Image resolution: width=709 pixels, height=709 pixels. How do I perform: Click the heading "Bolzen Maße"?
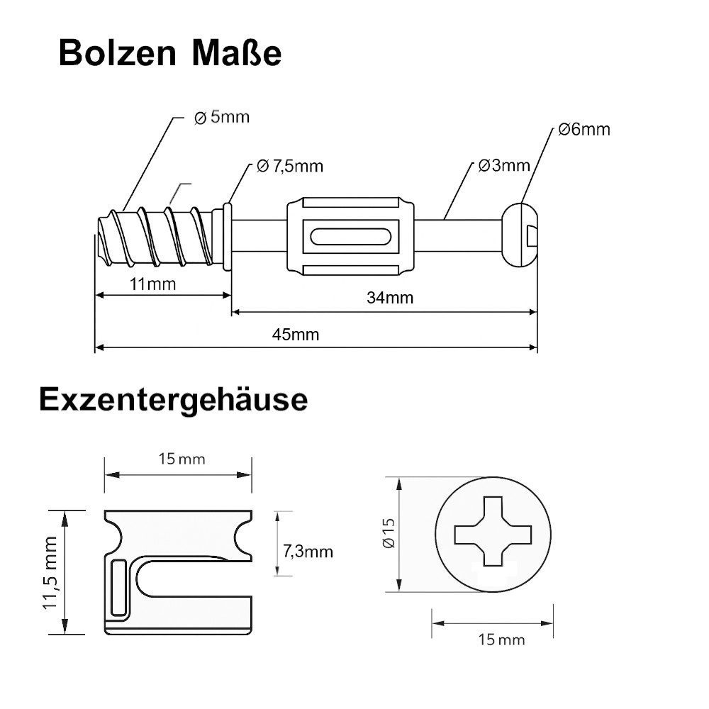click(x=170, y=53)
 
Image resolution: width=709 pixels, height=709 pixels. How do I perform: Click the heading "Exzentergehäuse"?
click(x=174, y=400)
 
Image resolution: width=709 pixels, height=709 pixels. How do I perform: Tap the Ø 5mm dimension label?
click(x=222, y=117)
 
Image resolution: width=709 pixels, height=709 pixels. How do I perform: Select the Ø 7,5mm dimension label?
click(x=289, y=167)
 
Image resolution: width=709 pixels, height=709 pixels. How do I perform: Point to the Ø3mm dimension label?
click(x=504, y=165)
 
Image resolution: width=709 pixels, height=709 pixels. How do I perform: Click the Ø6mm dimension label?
click(x=584, y=129)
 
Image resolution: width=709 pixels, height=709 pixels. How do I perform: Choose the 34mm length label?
click(x=390, y=298)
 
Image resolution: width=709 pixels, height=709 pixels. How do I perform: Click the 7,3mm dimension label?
click(x=308, y=552)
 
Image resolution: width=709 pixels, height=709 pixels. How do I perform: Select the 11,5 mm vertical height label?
click(x=50, y=572)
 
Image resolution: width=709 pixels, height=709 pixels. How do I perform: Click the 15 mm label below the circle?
click(x=501, y=640)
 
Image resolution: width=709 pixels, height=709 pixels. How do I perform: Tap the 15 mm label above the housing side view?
click(x=182, y=459)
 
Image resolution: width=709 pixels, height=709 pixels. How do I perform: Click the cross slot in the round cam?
click(x=493, y=531)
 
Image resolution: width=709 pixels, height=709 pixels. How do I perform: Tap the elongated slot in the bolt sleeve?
click(x=350, y=237)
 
